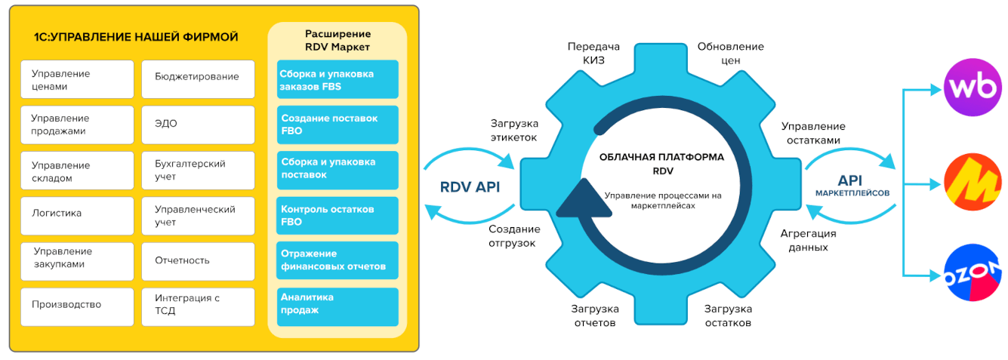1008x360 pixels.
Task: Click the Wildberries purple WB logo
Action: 972,89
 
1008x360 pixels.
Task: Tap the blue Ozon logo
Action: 972,273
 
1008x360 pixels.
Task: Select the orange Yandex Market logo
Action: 972,181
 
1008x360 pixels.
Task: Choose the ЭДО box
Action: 198,124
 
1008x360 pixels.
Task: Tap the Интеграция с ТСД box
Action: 198,305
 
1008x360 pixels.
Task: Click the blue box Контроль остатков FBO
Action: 338,216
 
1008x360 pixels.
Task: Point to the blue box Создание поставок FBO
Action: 338,125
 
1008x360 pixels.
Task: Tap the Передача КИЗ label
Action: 587,54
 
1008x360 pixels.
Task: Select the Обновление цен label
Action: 730,54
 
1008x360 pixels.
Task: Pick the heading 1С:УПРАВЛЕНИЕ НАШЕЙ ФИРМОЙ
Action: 136,37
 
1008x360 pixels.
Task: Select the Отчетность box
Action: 198,261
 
